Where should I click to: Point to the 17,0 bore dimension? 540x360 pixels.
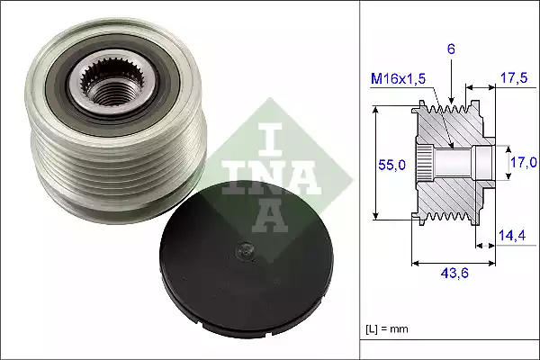[x=522, y=163]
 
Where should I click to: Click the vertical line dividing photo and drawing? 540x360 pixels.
[x=361, y=180]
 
